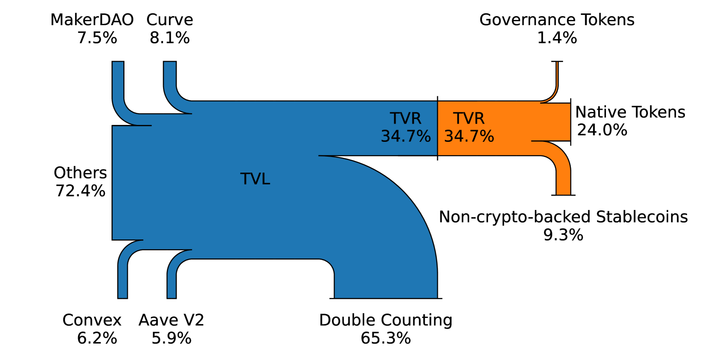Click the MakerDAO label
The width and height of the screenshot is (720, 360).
coord(92,20)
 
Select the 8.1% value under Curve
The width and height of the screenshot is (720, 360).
coord(169,38)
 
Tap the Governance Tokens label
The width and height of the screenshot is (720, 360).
coord(557,20)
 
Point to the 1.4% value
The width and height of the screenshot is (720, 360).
coord(557,38)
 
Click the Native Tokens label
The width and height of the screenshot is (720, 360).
coord(630,112)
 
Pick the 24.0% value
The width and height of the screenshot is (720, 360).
coord(602,130)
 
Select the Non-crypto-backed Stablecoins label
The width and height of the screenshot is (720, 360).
coord(563,217)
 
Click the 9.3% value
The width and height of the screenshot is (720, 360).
coord(563,235)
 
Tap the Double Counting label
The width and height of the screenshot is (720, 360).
coord(385,320)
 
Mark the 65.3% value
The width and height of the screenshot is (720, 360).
coord(385,338)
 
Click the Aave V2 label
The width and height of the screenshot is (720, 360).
coord(171,320)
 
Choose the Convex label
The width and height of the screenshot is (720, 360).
coord(92,320)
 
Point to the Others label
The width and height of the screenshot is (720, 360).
coord(80,173)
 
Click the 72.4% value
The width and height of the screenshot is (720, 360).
coord(80,191)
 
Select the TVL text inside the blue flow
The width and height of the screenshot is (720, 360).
coord(255,179)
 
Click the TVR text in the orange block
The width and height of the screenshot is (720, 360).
coord(469,118)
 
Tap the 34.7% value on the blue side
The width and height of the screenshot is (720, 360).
coord(406,137)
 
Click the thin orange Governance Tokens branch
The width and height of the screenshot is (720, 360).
coord(557,80)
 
